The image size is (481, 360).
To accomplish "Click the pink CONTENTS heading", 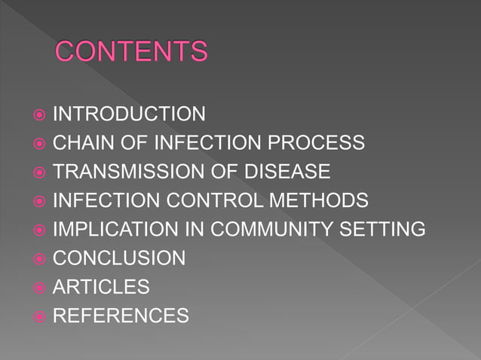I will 131,52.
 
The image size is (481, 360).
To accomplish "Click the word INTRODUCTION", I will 129,114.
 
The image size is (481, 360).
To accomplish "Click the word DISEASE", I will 288,172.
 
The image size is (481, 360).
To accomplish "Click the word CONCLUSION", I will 119,258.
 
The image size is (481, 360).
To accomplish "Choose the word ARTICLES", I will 101,287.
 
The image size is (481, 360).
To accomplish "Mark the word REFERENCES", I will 121,316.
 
